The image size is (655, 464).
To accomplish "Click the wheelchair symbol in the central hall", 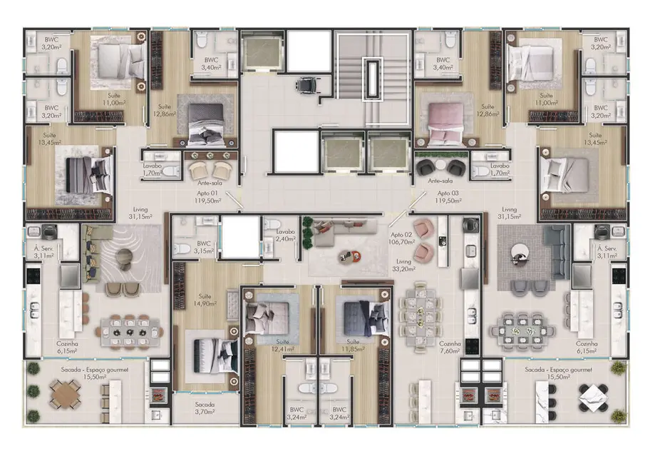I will coord(306,84).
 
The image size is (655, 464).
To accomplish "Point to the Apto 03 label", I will coord(449,198).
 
